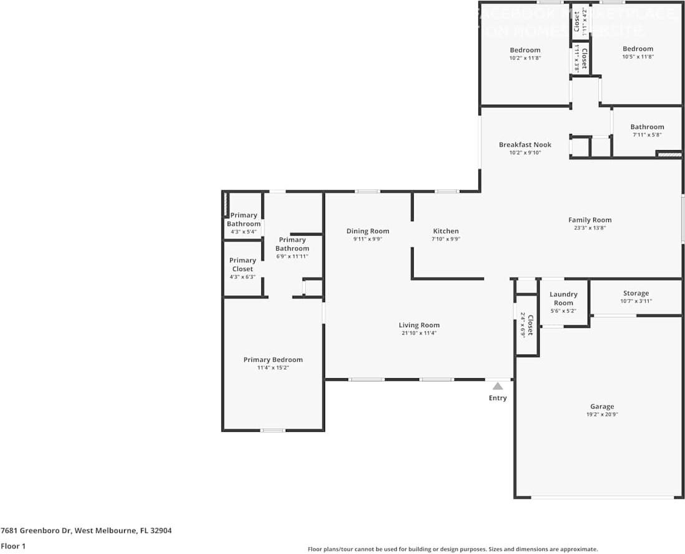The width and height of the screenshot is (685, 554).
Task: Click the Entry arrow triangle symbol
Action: click(x=497, y=386)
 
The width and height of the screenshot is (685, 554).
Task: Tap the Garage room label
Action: click(x=602, y=407)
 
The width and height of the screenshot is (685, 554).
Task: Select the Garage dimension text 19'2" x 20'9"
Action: click(x=602, y=415)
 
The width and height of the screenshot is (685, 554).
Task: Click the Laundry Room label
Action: click(x=563, y=298)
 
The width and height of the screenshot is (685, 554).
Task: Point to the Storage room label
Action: click(x=636, y=294)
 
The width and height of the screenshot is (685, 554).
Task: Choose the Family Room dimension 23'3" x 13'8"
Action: click(x=590, y=228)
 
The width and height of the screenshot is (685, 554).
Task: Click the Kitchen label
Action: click(x=446, y=231)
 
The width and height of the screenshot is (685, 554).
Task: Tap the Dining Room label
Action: click(x=367, y=231)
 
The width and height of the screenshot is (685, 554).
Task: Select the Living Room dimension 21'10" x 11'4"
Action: click(x=419, y=333)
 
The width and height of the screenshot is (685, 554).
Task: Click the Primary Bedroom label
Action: click(x=273, y=360)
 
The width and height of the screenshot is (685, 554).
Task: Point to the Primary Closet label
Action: click(x=243, y=265)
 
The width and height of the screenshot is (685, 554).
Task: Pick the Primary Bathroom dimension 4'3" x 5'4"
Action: click(x=243, y=232)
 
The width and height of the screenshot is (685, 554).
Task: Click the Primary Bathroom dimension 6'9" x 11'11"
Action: click(x=292, y=257)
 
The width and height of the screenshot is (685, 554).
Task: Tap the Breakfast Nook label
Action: click(x=525, y=145)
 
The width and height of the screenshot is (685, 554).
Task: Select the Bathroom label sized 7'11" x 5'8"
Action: click(x=647, y=127)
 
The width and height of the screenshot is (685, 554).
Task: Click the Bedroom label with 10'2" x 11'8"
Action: click(x=525, y=50)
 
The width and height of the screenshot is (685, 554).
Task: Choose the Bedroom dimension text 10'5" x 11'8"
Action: click(x=638, y=57)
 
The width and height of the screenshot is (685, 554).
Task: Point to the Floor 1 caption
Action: click(x=14, y=546)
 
